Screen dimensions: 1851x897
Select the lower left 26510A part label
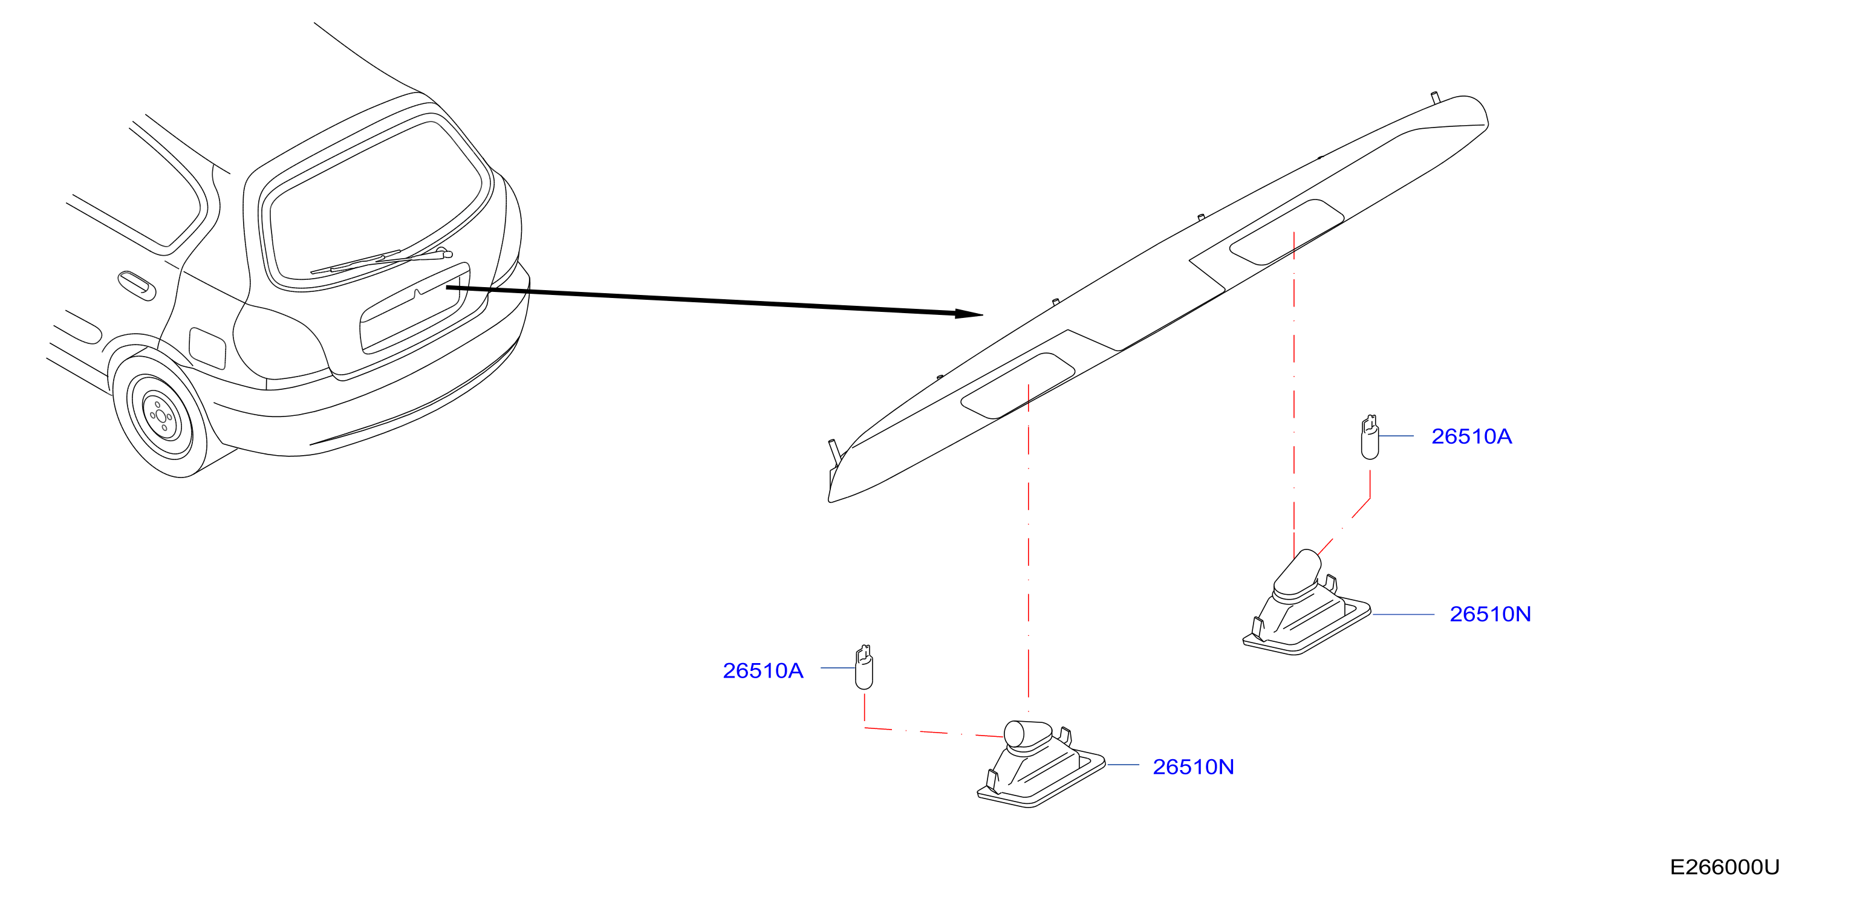pyautogui.click(x=763, y=671)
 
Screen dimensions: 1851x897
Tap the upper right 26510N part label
pyautogui.click(x=1489, y=615)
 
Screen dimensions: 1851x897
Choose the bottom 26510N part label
pyautogui.click(x=1193, y=767)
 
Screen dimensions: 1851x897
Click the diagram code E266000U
pyautogui.click(x=1724, y=867)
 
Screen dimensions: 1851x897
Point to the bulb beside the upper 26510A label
pyautogui.click(x=1370, y=438)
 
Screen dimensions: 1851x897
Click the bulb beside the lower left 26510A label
pyautogui.click(x=864, y=667)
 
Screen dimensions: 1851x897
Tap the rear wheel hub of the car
pyautogui.click(x=160, y=416)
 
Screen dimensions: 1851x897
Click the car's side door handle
pyautogui.click(x=137, y=285)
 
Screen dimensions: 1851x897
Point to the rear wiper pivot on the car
pyautogui.click(x=443, y=252)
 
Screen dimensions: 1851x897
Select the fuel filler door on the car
pyautogui.click(x=207, y=348)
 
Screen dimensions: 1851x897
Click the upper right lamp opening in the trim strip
pyautogui.click(x=1286, y=232)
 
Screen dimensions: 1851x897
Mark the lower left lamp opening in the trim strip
pyautogui.click(x=1018, y=386)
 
